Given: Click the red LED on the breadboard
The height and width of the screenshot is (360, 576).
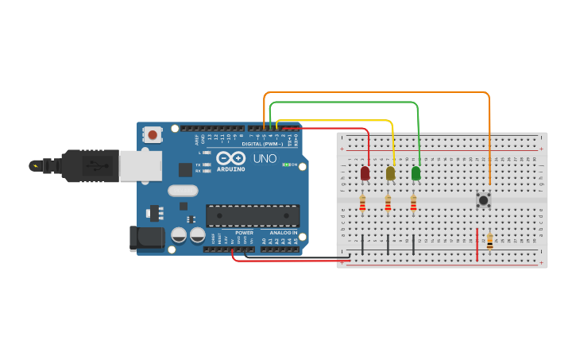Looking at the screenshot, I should (365, 173).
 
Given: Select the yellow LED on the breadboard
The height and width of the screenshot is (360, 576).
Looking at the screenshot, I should (390, 173).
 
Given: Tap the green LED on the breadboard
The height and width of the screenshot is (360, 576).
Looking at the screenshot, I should (416, 173).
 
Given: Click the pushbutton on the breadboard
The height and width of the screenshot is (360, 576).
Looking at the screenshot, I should (483, 200).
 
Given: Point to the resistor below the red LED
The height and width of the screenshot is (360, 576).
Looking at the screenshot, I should (362, 204).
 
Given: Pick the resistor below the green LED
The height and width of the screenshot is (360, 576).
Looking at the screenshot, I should (413, 204).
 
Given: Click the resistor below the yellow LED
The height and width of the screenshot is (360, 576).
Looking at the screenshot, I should (388, 204).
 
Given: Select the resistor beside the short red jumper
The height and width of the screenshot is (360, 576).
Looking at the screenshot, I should (489, 241).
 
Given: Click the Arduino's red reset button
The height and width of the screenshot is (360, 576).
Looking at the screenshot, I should (153, 135).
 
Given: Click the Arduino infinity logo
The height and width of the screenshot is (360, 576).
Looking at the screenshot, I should (230, 157).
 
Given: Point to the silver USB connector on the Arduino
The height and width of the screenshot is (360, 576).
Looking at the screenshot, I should (141, 166).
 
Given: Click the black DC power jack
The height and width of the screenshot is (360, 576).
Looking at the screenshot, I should (147, 238).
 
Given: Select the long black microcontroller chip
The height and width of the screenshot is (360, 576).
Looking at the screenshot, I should (253, 215).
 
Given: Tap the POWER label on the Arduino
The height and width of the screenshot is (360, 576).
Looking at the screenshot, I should (244, 233).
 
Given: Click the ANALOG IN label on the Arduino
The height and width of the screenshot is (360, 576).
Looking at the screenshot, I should (284, 233).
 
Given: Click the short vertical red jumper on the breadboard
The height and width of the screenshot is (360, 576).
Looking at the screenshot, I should (477, 245).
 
